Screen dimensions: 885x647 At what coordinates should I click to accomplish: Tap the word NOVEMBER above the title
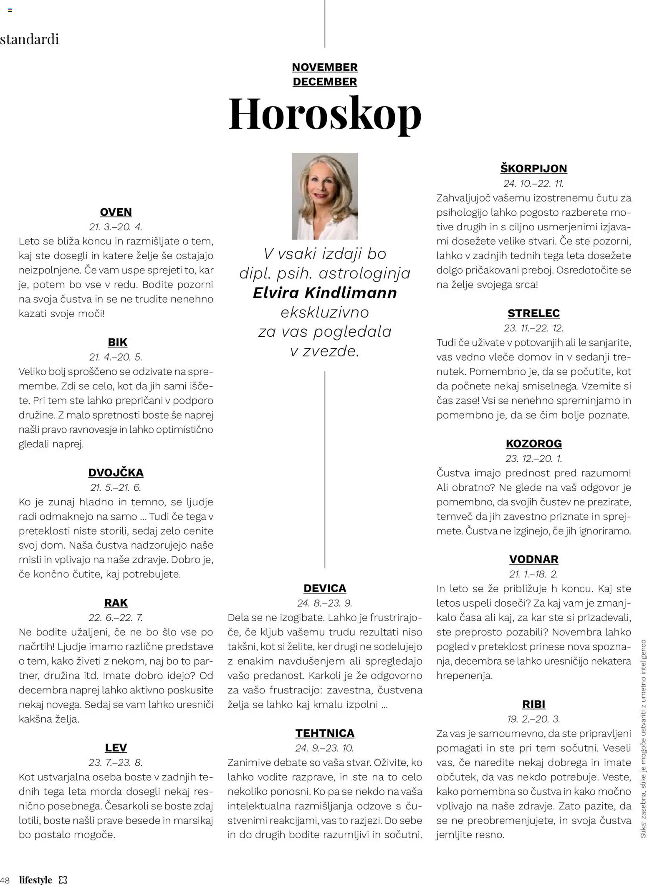[x=325, y=67]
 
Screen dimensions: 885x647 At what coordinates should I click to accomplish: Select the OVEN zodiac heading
[x=116, y=212]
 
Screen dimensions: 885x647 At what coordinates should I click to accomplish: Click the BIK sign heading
[x=117, y=342]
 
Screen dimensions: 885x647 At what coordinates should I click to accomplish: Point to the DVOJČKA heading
[x=116, y=472]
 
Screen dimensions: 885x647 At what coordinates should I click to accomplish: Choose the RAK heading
[x=116, y=603]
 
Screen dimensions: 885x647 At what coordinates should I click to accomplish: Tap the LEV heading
[x=116, y=747]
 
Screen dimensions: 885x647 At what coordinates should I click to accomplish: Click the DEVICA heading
[x=325, y=588]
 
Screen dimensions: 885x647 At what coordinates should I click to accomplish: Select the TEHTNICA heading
[x=325, y=733]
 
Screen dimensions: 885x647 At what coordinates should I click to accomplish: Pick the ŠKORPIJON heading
[x=533, y=169]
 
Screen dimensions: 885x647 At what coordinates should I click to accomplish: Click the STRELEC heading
[x=533, y=313]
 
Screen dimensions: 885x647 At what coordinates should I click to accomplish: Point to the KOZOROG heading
[x=533, y=443]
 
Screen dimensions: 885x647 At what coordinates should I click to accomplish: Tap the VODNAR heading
[x=533, y=559]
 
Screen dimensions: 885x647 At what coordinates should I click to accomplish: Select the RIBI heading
[x=533, y=704]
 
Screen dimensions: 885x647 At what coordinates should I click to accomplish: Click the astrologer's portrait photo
[x=325, y=196]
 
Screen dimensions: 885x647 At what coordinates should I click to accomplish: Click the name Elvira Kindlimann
[x=325, y=292]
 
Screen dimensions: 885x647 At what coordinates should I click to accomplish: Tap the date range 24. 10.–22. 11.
[x=533, y=183]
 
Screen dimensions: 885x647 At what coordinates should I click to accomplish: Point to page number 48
[x=5, y=880]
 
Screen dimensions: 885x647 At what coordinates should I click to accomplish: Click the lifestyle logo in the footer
[x=36, y=879]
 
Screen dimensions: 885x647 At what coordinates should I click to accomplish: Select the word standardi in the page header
[x=30, y=39]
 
